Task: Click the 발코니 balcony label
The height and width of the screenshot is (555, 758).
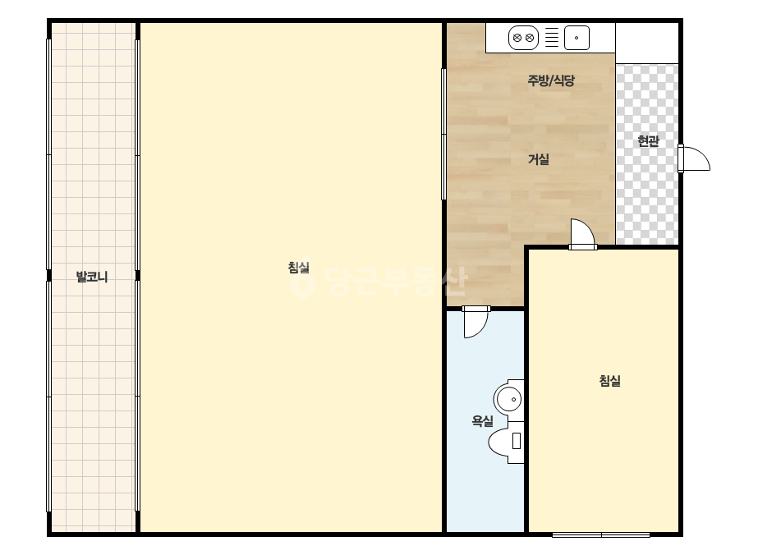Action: [92, 277]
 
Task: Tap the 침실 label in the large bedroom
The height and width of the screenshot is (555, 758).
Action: [298, 268]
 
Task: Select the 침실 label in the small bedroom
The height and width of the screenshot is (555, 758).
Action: [609, 381]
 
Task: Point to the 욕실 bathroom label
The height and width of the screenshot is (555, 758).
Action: [482, 421]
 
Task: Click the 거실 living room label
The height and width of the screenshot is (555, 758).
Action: [539, 159]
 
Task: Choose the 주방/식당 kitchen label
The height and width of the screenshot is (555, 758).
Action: [551, 80]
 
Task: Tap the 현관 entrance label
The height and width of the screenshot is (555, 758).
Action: [648, 141]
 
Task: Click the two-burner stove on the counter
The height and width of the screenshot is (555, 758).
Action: [524, 38]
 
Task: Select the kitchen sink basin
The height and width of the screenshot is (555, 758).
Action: [577, 38]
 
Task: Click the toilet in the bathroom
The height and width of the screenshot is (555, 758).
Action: [507, 443]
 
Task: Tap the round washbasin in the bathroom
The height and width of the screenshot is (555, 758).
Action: [508, 399]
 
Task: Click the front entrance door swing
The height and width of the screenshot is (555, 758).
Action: [694, 158]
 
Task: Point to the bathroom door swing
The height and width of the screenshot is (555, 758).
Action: [475, 322]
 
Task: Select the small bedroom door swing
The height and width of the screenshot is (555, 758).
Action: [582, 235]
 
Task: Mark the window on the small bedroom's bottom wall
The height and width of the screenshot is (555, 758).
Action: [601, 534]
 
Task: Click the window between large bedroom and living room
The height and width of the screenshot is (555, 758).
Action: [443, 134]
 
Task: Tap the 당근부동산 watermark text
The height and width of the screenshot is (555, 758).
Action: [397, 282]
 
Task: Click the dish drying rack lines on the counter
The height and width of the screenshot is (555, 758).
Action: [552, 38]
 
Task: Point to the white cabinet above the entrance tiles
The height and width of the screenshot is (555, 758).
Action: [647, 43]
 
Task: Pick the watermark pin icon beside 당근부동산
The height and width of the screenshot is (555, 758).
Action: [302, 282]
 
